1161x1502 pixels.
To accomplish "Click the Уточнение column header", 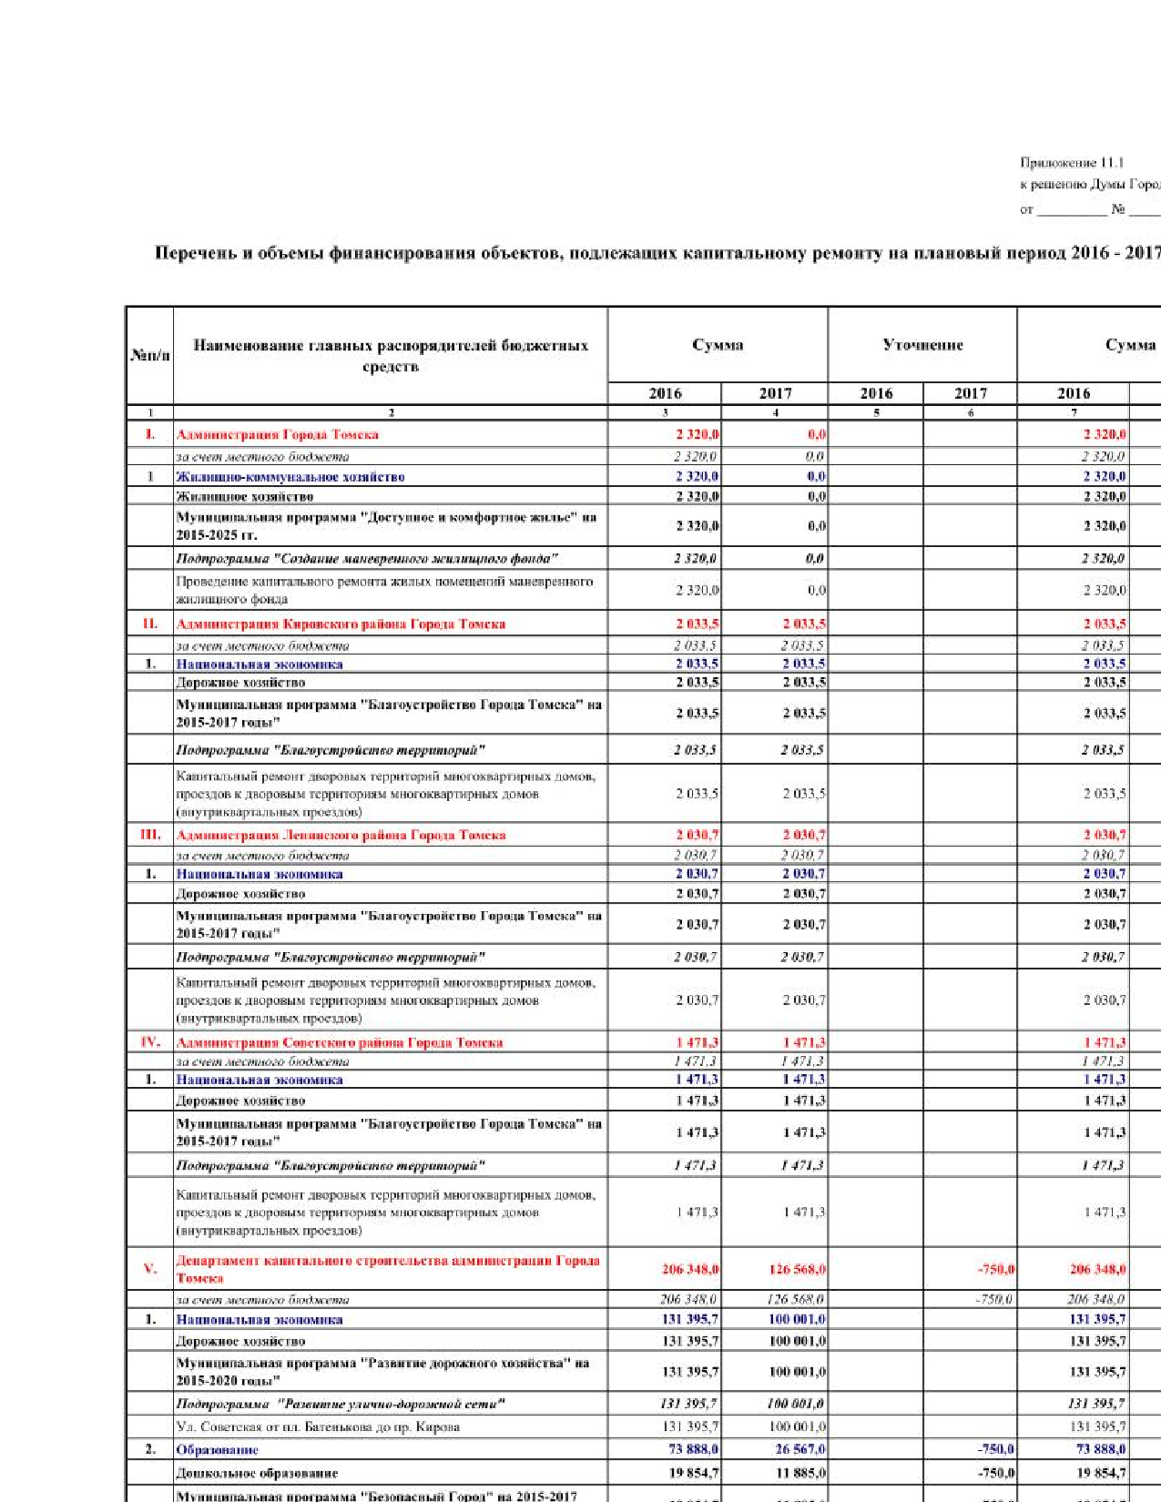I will coord(922,345).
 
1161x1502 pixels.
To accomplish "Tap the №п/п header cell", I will coord(150,355).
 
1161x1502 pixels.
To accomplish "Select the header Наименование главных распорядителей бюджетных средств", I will coord(391,356).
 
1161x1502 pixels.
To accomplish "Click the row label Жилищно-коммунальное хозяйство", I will coord(290,477).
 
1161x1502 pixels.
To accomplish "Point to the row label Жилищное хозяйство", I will coord(245,497).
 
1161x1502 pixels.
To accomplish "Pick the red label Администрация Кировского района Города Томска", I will coord(341,624).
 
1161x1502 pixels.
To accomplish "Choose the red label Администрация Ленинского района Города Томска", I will coord(341,836).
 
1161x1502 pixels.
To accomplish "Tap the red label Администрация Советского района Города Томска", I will coord(340,1043).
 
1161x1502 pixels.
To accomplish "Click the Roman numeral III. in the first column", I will coord(150,835).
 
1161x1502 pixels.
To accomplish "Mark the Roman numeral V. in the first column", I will coord(150,1269).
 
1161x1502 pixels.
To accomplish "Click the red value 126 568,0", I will coord(797,1270).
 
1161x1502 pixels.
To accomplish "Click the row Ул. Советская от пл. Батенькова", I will coord(318,1427).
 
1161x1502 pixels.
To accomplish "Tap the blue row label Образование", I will coord(218,1450).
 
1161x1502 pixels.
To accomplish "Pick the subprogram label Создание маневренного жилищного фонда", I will coord(367,559).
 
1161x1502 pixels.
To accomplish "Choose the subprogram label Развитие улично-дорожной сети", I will coord(341,1405).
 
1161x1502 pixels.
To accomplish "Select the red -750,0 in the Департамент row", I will coord(995,1270).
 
